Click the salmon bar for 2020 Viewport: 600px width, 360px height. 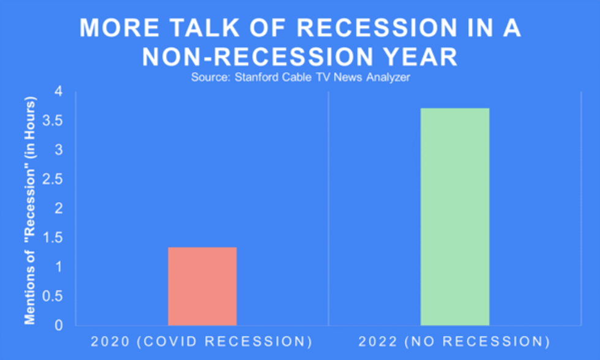point(203,286)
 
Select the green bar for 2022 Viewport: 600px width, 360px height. point(455,217)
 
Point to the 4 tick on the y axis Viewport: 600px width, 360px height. point(59,91)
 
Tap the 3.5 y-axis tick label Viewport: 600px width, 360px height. point(53,121)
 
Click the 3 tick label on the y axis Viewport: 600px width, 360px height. point(59,150)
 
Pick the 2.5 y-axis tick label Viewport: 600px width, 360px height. point(53,179)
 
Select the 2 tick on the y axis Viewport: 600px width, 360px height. point(59,209)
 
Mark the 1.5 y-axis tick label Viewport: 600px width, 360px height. point(53,238)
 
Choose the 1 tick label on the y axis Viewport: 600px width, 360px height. point(59,267)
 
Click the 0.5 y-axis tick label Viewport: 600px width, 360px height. point(53,296)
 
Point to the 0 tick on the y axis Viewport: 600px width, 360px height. point(59,325)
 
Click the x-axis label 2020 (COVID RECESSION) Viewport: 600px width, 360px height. point(201,342)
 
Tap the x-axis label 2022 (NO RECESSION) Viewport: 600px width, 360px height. point(454,342)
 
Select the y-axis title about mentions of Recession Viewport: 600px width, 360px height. point(30,211)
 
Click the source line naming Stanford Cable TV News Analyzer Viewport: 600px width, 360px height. point(301,77)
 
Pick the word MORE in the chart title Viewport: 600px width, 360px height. point(119,28)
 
